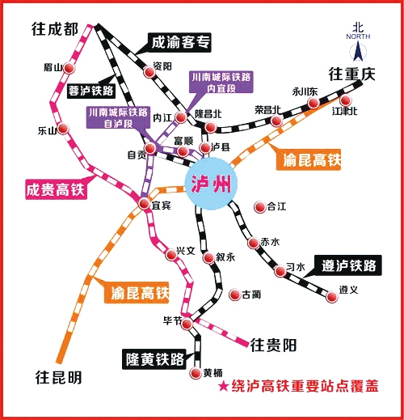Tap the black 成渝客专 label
[183, 41]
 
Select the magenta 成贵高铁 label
[53, 191]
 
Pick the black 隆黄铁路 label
[154, 357]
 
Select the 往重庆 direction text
[352, 74]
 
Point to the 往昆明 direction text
[58, 377]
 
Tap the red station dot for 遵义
[330, 298]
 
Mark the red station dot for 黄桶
[196, 374]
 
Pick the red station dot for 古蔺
[234, 295]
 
